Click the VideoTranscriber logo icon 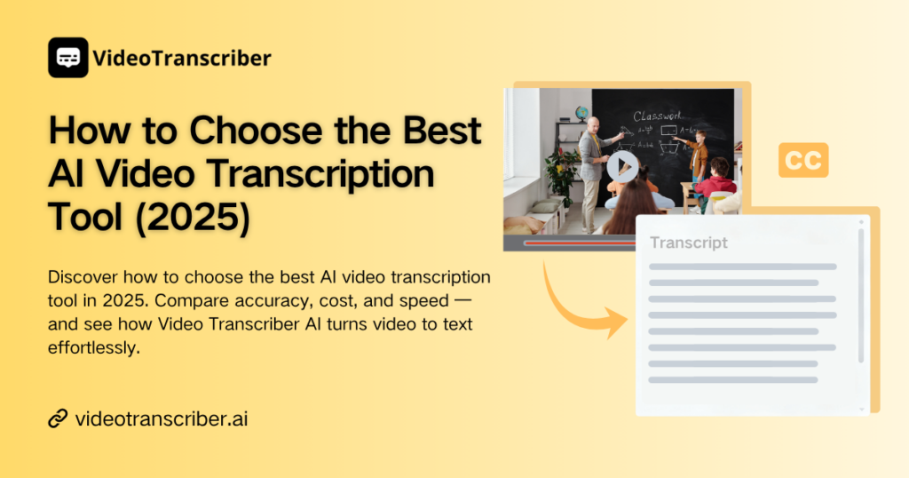(x=67, y=58)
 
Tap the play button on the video (x=623, y=166)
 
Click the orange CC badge (x=802, y=160)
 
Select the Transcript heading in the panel (x=689, y=243)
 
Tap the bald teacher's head (x=592, y=123)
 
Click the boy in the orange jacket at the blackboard (x=700, y=155)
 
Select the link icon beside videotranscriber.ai (x=58, y=418)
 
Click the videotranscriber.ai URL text (x=162, y=418)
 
